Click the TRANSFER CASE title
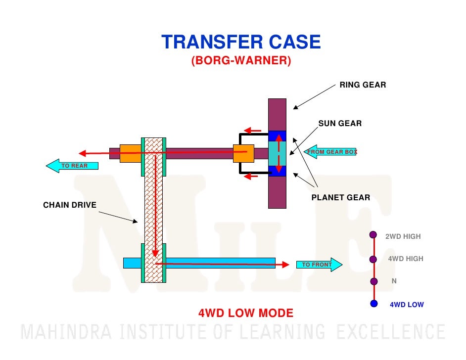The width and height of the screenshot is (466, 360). tap(241, 42)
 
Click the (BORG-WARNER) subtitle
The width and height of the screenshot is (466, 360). tap(241, 61)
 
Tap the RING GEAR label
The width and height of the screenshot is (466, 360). tap(363, 85)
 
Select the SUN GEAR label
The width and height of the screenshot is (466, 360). tap(340, 123)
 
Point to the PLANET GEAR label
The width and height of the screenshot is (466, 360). tap(340, 198)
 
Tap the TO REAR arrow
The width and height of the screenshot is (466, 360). tap(72, 166)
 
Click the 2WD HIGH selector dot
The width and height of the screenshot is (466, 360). tap(373, 235)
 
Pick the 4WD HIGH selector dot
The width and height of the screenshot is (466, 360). tap(374, 258)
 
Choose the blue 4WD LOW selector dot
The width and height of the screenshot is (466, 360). tap(374, 304)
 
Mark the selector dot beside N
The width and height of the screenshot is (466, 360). tap(374, 281)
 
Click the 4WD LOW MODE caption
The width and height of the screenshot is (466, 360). tap(246, 313)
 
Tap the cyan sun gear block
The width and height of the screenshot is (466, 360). tap(277, 153)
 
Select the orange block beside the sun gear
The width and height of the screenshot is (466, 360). tap(243, 153)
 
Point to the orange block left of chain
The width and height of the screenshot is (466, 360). tap(130, 153)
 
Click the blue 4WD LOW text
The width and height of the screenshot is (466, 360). tap(407, 305)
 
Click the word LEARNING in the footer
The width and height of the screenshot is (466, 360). tap(283, 331)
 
